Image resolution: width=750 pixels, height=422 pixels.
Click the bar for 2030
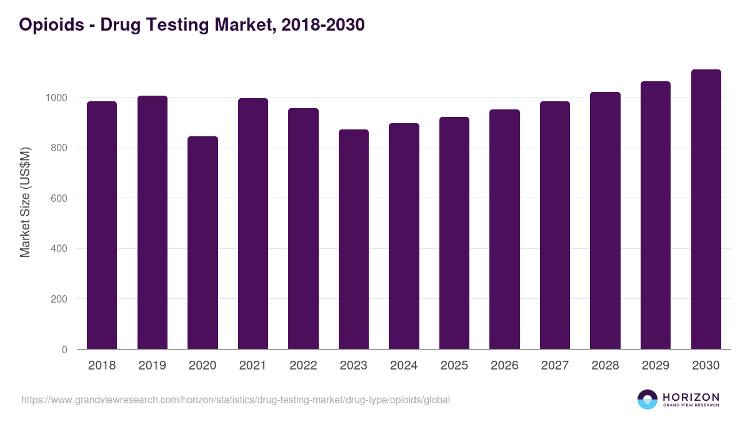pyautogui.click(x=706, y=209)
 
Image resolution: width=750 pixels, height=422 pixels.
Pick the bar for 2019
pyautogui.click(x=152, y=223)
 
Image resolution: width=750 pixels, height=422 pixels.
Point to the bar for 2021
pyautogui.click(x=253, y=224)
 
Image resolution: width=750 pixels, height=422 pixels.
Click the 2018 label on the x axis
pyautogui.click(x=102, y=366)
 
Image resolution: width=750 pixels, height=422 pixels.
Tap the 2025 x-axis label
pyautogui.click(x=454, y=366)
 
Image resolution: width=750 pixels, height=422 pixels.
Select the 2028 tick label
pyautogui.click(x=605, y=366)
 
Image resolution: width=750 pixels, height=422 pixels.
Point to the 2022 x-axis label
pyautogui.click(x=303, y=366)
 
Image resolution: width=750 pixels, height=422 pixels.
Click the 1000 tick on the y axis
pyautogui.click(x=56, y=98)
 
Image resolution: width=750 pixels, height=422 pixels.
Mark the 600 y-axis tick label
pyautogui.click(x=59, y=199)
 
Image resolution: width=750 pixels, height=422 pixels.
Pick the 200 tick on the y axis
pyautogui.click(x=59, y=299)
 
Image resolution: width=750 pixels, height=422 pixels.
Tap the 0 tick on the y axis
pyautogui.click(x=64, y=350)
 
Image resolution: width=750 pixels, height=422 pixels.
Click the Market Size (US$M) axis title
pyautogui.click(x=25, y=201)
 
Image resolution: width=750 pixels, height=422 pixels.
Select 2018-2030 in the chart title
pyautogui.click(x=323, y=25)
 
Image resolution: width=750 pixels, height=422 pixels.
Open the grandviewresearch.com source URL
pyautogui.click(x=235, y=399)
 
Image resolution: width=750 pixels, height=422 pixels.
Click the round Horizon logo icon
pyautogui.click(x=647, y=399)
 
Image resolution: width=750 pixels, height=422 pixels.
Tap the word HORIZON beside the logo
pyautogui.click(x=691, y=397)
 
